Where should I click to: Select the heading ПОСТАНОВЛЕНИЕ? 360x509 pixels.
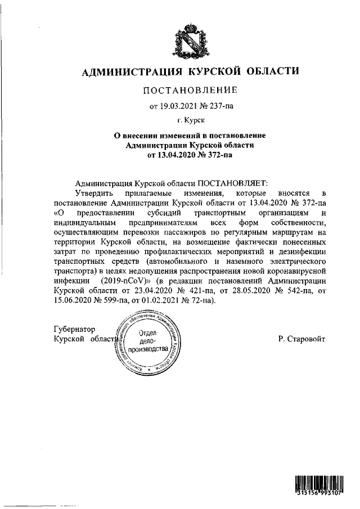click(x=190, y=90)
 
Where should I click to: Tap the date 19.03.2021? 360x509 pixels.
click(x=179, y=105)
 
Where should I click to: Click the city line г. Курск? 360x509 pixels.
click(x=190, y=120)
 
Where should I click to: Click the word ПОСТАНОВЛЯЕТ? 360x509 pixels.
click(x=233, y=183)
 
